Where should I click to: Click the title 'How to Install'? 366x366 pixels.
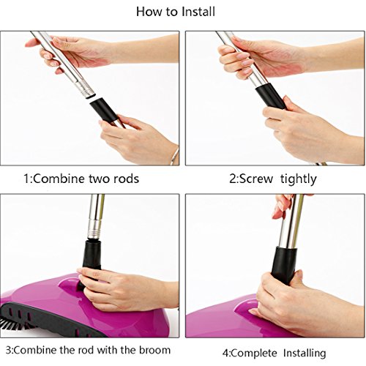(176, 12)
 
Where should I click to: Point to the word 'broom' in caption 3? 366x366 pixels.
(154, 350)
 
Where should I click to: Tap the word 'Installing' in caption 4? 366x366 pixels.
(305, 354)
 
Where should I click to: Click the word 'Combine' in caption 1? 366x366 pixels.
(59, 179)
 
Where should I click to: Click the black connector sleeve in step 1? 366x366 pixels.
(104, 110)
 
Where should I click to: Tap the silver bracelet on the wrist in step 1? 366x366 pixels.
(175, 156)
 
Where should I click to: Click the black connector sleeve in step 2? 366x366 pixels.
(270, 96)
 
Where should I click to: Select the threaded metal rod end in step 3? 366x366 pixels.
(95, 229)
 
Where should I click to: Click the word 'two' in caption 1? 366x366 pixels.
(99, 179)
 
